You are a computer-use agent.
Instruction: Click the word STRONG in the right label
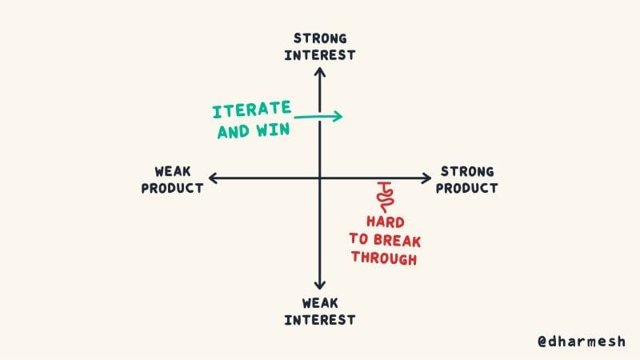click(467, 171)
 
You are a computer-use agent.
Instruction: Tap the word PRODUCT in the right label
click(467, 188)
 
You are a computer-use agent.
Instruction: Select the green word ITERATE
click(251, 111)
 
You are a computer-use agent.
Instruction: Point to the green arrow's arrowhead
click(339, 116)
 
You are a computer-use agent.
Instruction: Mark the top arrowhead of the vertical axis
click(320, 71)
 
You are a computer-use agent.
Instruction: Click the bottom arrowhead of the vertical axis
click(320, 286)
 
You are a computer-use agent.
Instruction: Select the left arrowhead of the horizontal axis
click(211, 178)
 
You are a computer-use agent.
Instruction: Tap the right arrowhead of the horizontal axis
click(429, 178)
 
